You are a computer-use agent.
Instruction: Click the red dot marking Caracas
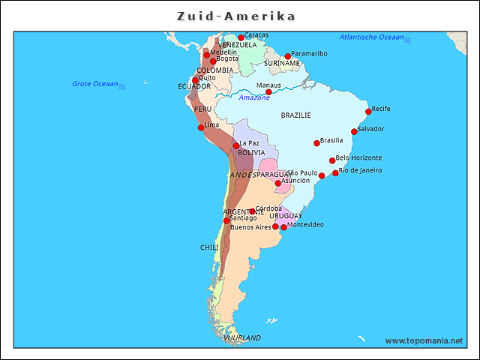241,37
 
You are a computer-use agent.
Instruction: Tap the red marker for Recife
368,112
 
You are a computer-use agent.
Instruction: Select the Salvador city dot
354,132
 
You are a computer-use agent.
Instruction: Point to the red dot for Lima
201,127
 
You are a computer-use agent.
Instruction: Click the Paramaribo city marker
287,56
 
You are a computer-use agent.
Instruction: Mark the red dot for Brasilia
316,143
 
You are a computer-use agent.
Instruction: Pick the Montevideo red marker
283,227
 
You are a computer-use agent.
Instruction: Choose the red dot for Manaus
268,91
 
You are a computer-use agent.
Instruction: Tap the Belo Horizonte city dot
332,160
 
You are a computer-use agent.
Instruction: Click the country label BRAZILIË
295,115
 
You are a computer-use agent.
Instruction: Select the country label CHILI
209,247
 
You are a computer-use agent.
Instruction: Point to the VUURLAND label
242,338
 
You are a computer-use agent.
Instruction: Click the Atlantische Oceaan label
371,37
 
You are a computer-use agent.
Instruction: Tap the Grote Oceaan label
95,84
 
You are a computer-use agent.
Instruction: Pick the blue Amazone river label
254,97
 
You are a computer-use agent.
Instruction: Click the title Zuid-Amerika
236,16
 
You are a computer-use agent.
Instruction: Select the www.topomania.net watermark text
424,340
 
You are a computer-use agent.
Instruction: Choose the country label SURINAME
282,64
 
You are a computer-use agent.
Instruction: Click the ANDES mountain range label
242,175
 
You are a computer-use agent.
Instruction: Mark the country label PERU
202,109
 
